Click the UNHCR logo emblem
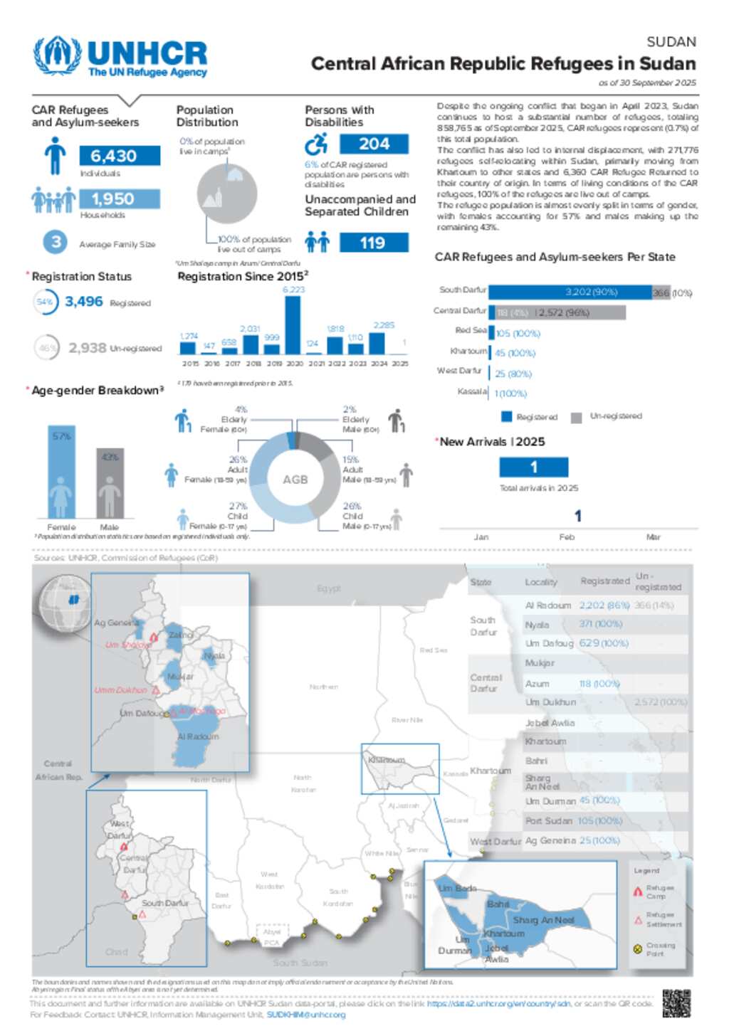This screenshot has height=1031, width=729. click(57, 55)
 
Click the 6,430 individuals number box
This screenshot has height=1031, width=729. click(120, 156)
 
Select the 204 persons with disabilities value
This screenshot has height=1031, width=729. click(374, 144)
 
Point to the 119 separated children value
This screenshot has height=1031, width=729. click(374, 243)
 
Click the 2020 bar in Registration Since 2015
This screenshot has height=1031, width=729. click(293, 325)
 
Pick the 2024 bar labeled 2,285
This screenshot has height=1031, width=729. click(377, 343)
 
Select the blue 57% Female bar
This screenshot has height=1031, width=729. click(61, 472)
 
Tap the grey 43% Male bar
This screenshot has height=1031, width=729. click(110, 483)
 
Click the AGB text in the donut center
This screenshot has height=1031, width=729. click(295, 480)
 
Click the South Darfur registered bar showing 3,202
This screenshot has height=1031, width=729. click(570, 292)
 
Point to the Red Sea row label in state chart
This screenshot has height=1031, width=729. click(471, 330)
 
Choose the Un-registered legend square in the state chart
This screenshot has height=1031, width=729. click(577, 417)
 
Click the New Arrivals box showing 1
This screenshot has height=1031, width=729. click(533, 467)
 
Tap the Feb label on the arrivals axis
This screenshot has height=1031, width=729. click(567, 537)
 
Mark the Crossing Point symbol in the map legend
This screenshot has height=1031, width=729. click(638, 948)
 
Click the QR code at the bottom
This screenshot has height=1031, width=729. click(676, 1003)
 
